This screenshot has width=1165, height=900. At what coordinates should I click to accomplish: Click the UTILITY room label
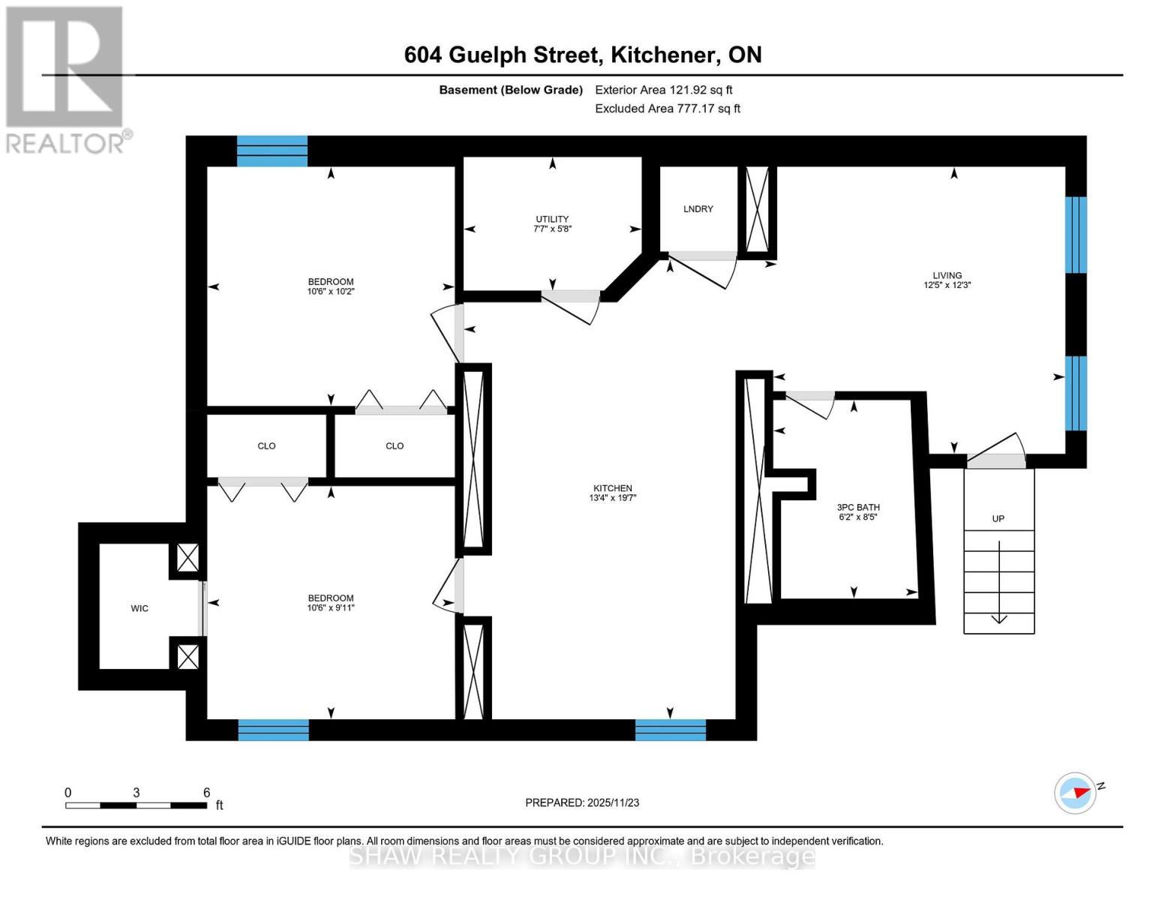pos(552,219)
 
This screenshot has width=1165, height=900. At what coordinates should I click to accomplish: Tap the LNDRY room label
pos(698,208)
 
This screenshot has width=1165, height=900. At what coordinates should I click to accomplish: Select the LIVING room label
pos(947,275)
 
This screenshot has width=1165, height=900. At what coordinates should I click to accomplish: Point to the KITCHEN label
pos(612,488)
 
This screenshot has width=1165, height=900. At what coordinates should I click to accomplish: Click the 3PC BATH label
pos(857,507)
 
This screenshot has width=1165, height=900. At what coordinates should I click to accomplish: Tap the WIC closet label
pos(140,608)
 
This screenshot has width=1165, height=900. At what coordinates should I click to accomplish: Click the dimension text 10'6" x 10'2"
pos(330,292)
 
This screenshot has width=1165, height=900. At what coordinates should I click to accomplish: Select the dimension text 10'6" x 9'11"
pos(330,608)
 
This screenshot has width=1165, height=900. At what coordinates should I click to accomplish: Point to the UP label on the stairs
pos(998,518)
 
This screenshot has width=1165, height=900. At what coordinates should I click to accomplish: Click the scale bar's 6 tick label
pos(206,793)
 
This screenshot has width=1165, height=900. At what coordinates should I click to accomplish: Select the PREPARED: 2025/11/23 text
pos(582,802)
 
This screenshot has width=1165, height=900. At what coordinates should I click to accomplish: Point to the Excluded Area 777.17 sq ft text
pos(667,109)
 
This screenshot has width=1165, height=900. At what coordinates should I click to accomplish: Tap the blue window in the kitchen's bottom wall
pos(670,730)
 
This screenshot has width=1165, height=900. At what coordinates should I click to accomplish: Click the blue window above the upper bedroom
pos(272,151)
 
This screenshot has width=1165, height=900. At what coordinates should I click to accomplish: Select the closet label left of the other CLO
pos(266,445)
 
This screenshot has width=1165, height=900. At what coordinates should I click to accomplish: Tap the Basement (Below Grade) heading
pos(510,90)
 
